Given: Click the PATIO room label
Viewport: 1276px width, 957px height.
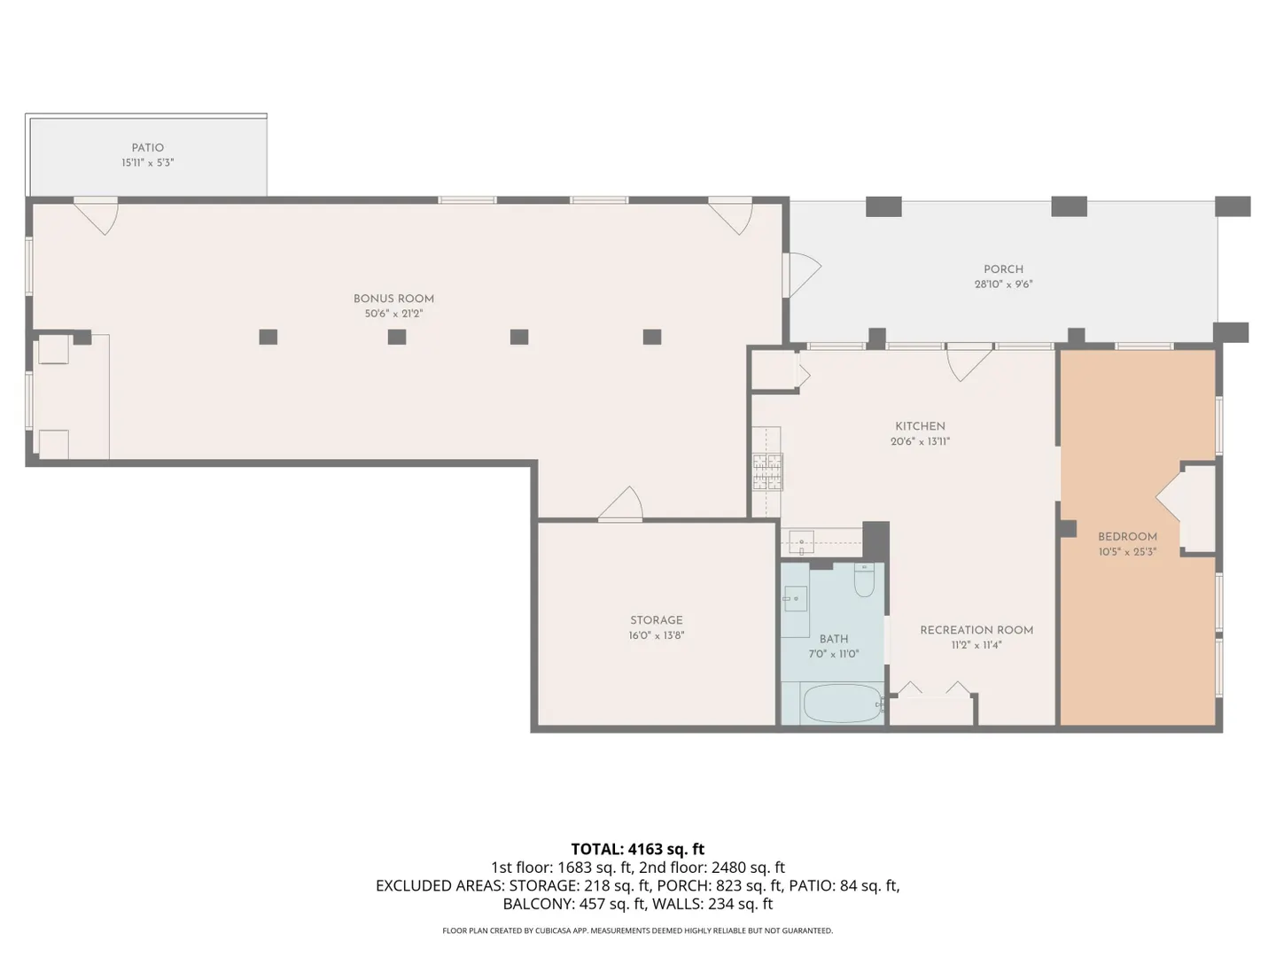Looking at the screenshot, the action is point(148,148).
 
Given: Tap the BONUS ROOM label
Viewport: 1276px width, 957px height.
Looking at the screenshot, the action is point(393,299).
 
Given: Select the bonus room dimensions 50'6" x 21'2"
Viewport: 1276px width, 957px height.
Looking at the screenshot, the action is point(393,314).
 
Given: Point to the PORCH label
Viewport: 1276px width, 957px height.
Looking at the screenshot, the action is point(1003,269).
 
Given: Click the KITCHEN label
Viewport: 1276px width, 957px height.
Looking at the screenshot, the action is point(921,426).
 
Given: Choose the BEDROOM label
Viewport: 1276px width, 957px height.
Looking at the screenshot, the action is point(1127,536).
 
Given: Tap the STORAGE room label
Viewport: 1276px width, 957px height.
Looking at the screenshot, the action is point(657,620).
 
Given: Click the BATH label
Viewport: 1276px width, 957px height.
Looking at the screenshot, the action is point(834,639).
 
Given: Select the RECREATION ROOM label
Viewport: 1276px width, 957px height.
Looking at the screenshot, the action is point(976,630).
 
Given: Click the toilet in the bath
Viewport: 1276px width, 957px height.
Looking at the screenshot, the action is point(865,580).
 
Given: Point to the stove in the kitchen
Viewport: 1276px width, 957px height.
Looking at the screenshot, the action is point(768,471).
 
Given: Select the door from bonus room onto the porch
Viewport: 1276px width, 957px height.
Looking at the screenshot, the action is point(801,275).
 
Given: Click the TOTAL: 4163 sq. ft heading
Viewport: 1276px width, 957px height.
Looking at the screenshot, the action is point(638,849).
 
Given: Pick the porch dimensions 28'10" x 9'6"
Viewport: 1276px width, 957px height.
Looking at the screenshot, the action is point(1003,284).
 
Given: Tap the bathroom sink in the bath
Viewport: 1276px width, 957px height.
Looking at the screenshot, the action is point(795,598).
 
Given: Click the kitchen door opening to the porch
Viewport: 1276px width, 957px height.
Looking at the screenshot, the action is point(969,362).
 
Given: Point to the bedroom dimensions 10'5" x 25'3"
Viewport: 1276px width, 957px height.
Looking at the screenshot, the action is point(1127,551).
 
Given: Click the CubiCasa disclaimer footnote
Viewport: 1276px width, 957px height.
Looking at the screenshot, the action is point(638,930).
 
